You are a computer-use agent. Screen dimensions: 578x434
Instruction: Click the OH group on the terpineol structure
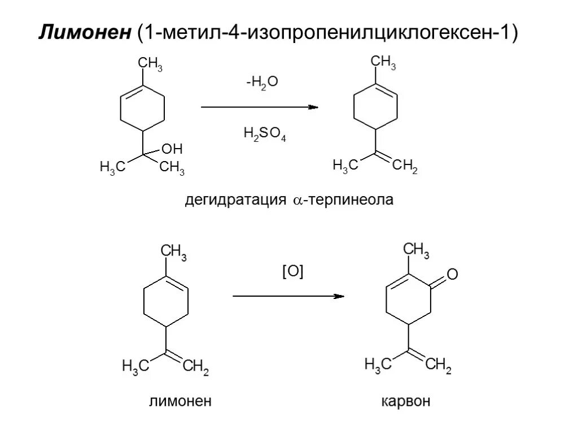pyautogui.click(x=172, y=149)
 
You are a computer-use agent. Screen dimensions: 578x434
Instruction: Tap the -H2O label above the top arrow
pyautogui.click(x=262, y=83)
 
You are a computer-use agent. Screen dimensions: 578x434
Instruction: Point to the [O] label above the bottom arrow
pyautogui.click(x=292, y=272)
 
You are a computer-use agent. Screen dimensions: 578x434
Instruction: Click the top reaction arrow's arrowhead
pyautogui.click(x=313, y=107)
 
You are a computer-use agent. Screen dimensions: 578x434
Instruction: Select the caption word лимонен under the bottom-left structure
pyautogui.click(x=180, y=402)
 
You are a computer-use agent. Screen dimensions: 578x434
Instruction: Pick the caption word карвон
pyautogui.click(x=405, y=402)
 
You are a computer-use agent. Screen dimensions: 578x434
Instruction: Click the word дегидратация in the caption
pyautogui.click(x=237, y=201)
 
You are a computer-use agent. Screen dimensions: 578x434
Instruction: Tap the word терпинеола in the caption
pyautogui.click(x=349, y=201)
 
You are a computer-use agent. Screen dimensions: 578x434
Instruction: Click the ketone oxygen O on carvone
pyautogui.click(x=452, y=275)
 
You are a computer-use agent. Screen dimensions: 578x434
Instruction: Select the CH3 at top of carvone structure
pyautogui.click(x=417, y=249)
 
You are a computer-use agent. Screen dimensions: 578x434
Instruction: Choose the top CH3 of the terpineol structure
pyautogui.click(x=151, y=65)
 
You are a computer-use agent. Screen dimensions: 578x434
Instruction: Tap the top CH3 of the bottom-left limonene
pyautogui.click(x=174, y=251)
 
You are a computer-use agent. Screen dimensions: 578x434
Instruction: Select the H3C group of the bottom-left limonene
pyautogui.click(x=135, y=367)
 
